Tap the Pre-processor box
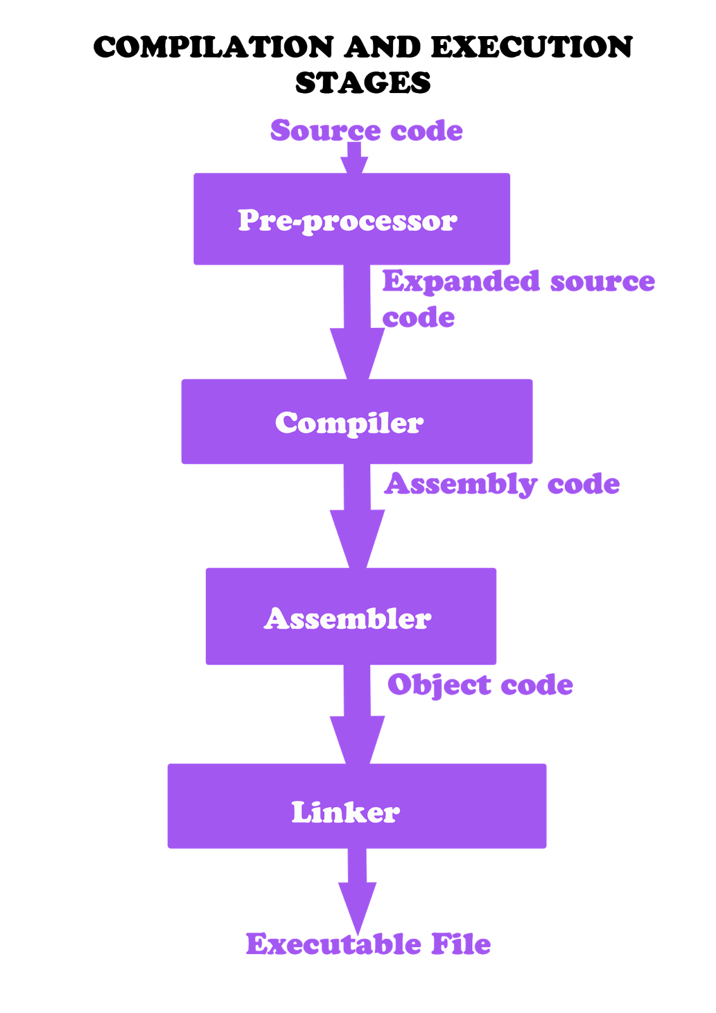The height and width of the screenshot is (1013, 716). pos(351,219)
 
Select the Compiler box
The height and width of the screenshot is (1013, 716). pos(356,422)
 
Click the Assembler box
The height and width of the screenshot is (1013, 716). pos(351,617)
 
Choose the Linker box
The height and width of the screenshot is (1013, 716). pos(356,806)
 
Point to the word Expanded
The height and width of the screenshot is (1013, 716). pos(461,282)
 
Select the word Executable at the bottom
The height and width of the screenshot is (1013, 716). pos(334,944)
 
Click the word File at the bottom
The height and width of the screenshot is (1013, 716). pos(461,944)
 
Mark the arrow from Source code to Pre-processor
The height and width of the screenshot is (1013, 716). pos(355,160)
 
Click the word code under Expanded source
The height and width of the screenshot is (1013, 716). pos(418,318)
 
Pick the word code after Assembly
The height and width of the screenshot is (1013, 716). pos(583,484)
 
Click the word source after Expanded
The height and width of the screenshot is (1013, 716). pos(602,282)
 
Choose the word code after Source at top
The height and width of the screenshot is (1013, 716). pos(426,131)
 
